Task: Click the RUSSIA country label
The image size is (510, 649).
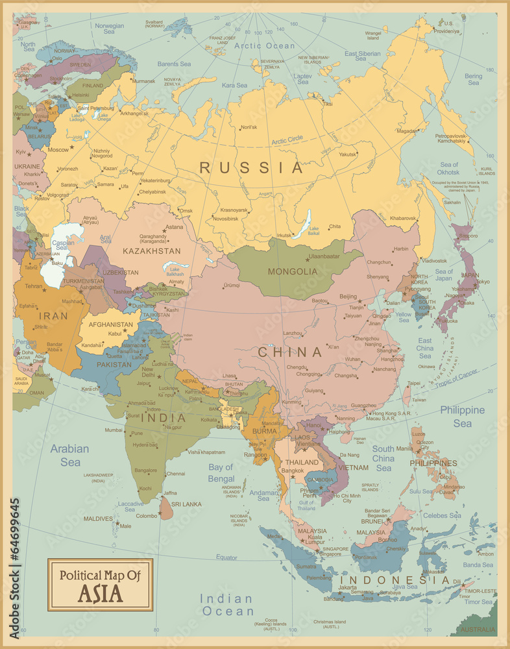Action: (251, 168)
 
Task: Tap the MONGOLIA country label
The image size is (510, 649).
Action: (294, 271)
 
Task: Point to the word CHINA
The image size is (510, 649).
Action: (290, 352)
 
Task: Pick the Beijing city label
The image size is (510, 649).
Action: (348, 297)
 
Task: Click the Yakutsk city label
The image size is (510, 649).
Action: (348, 154)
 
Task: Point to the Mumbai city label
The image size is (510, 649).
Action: (114, 430)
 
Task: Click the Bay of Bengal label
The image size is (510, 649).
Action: (221, 473)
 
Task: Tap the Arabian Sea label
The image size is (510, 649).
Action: (70, 455)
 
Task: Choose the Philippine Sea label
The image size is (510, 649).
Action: (462, 416)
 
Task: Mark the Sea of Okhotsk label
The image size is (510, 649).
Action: (448, 168)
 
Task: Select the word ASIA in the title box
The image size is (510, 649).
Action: (100, 593)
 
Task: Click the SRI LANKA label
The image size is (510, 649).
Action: (186, 504)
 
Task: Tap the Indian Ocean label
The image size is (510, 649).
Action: (226, 604)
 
